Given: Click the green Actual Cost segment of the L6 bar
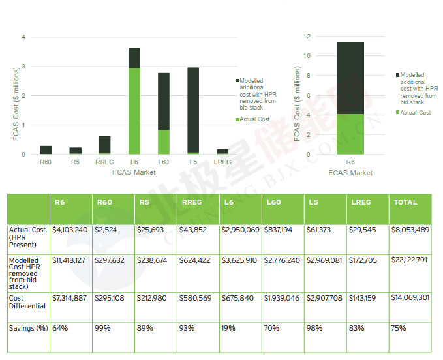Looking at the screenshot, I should pos(134,110).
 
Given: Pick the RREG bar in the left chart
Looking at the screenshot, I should pos(104,145).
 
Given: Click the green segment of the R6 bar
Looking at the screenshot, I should pos(350,134).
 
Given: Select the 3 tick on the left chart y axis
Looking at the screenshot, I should pos(24,67).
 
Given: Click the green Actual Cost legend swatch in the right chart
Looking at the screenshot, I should pos(397,113).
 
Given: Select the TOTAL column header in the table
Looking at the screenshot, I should pos(405,203).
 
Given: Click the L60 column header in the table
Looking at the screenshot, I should pos(273,203).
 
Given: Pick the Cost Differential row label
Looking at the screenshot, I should pos(27,302).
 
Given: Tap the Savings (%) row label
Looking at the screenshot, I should pos(29,328).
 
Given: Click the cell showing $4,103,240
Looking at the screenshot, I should pos(70,230).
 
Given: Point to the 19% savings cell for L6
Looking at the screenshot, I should pos(229,328).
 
